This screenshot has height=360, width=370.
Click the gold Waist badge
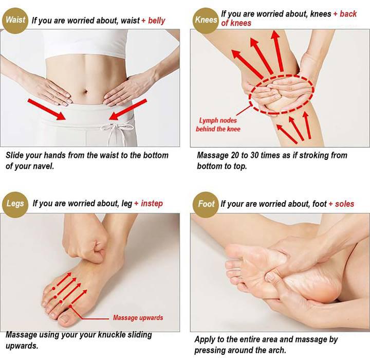15,21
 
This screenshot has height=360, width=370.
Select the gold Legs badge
15,203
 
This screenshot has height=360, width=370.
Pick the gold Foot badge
206,204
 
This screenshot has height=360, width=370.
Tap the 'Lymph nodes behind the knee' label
218,125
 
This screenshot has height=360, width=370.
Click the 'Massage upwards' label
138,317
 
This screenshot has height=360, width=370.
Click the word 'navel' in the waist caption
41,166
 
